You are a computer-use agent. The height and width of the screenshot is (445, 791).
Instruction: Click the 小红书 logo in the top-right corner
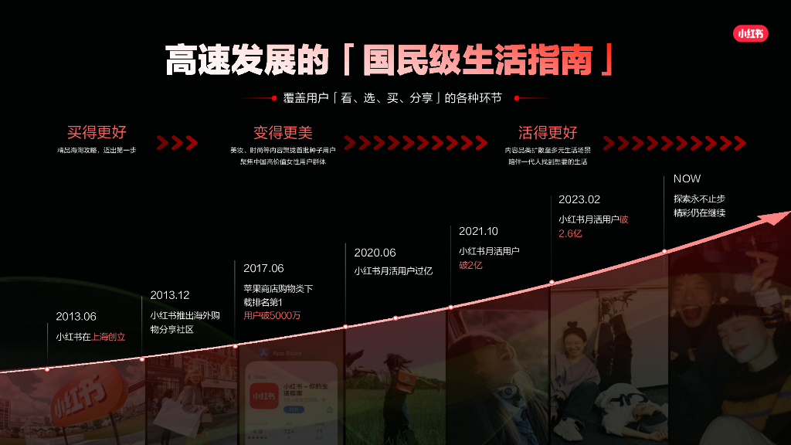[750, 34]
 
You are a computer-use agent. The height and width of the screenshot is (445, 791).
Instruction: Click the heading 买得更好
[97, 132]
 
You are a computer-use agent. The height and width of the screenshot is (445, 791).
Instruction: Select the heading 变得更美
[283, 133]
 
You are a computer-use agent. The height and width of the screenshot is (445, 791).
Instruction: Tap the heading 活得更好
[548, 132]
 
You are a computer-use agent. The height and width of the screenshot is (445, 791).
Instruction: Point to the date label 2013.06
[76, 316]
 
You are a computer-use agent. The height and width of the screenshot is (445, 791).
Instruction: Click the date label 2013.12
[170, 295]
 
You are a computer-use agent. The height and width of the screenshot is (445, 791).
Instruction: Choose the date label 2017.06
[263, 268]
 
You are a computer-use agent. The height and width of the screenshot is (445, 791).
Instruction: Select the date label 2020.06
[375, 253]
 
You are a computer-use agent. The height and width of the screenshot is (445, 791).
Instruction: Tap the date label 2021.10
[479, 231]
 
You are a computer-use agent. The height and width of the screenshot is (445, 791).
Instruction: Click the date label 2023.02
[579, 199]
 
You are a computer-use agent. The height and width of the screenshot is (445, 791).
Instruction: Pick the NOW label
[687, 178]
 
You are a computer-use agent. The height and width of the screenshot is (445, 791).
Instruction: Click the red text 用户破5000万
[272, 315]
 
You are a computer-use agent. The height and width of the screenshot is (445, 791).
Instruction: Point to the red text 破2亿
[470, 265]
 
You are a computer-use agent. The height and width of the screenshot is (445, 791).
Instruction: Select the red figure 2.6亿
[570, 233]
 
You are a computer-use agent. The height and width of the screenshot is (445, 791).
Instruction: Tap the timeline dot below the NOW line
[664, 251]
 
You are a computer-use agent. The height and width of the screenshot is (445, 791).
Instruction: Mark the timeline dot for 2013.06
[47, 369]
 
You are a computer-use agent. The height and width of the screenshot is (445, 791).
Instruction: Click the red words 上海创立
[108, 337]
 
